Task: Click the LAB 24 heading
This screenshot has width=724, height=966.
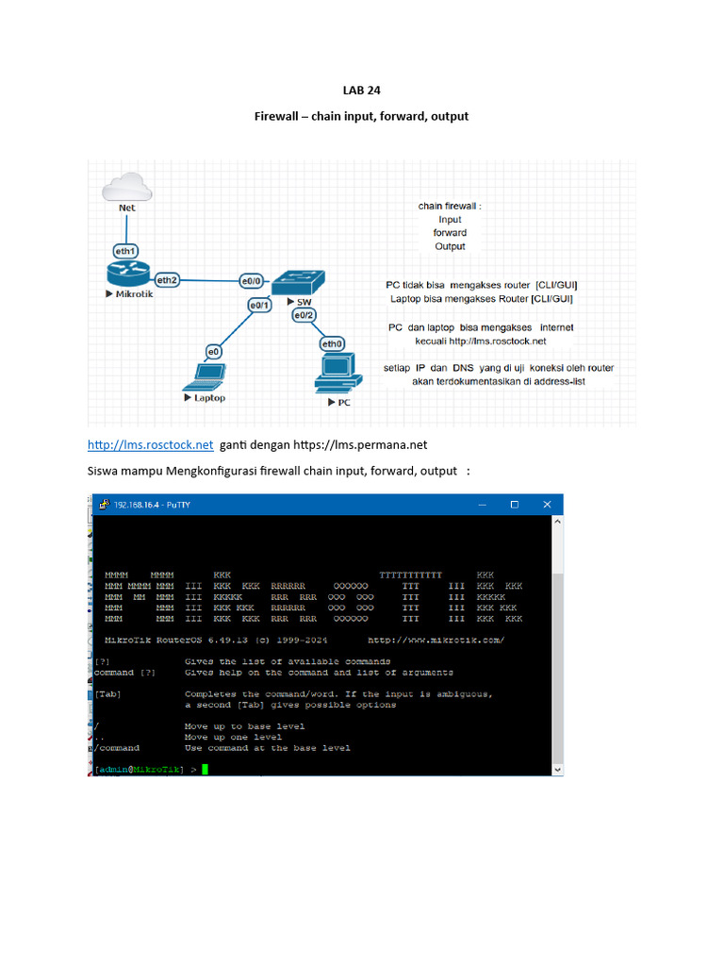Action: (x=361, y=92)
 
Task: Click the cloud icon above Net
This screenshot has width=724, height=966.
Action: (x=126, y=186)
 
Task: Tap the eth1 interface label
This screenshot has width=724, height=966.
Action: (x=125, y=251)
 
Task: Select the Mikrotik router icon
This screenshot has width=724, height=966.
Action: (x=127, y=275)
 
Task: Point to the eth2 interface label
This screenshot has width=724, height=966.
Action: (x=166, y=279)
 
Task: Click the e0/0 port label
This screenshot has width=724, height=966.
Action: (x=251, y=280)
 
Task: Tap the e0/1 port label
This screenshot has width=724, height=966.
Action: (x=260, y=305)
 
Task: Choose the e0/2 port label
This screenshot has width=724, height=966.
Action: (x=304, y=316)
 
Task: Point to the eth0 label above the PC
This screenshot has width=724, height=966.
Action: (x=333, y=343)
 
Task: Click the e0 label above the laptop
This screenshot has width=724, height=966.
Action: (x=214, y=351)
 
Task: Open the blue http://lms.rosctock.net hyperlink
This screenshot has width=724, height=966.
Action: (x=151, y=444)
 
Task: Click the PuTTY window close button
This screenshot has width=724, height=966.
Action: (x=547, y=505)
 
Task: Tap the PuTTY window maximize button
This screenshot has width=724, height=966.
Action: (x=515, y=505)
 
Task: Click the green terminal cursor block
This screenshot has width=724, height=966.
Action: (x=205, y=770)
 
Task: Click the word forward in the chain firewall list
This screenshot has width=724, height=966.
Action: (x=450, y=232)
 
